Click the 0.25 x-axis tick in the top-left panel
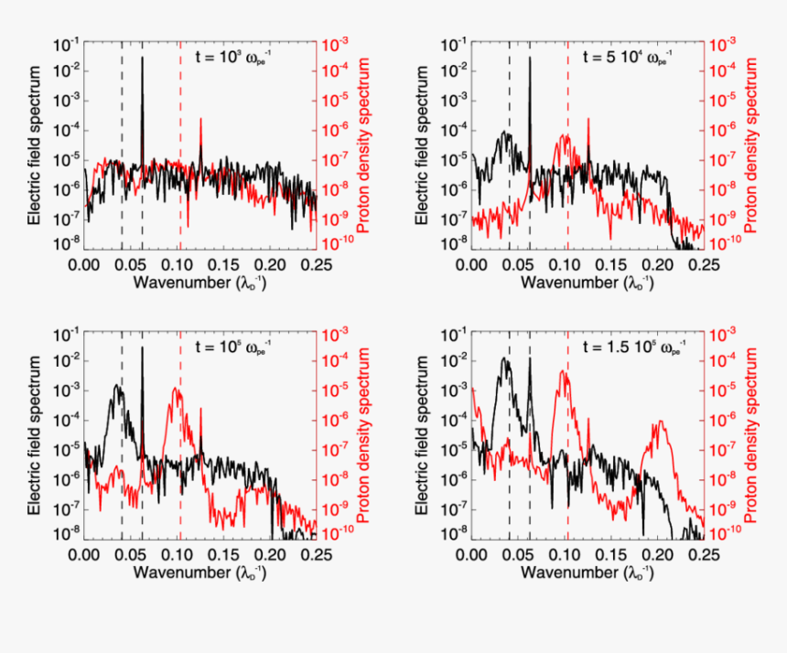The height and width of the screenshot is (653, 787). tap(317, 263)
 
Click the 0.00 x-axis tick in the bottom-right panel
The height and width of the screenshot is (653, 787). tap(472, 554)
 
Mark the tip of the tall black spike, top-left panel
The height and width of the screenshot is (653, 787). tap(143, 58)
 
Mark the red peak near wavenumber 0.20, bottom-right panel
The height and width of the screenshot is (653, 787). tap(658, 423)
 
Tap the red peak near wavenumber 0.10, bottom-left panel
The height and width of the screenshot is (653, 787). tap(177, 389)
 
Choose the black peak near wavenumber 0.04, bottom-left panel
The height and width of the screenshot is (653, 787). tap(116, 385)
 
